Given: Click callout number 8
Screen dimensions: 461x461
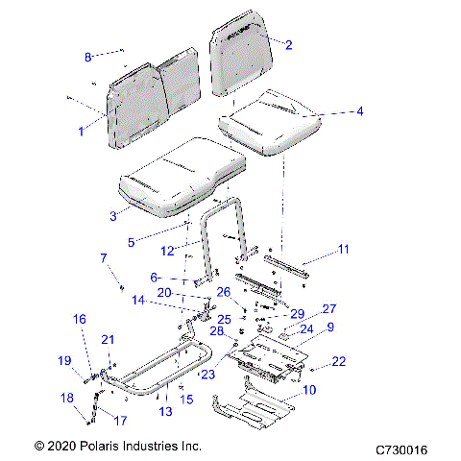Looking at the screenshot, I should [x=88, y=58].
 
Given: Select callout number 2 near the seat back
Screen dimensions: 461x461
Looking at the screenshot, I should [x=289, y=44].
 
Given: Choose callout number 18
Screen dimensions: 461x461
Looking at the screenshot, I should [x=65, y=398].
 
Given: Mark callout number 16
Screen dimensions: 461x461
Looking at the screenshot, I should [x=81, y=319].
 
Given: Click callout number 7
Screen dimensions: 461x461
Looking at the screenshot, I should [x=105, y=257].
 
